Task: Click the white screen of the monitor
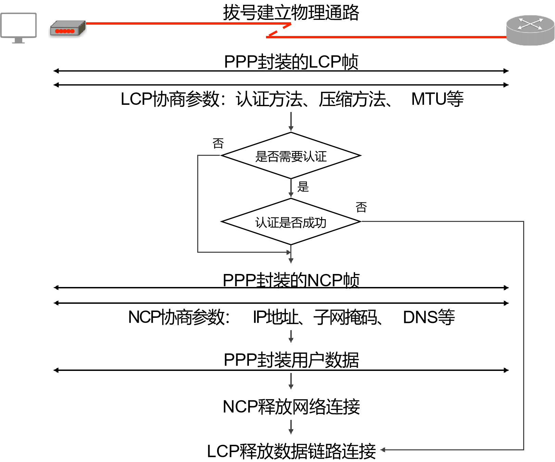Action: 18,25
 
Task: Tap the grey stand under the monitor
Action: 18,41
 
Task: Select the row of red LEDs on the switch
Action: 65,31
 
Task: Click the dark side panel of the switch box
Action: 82,28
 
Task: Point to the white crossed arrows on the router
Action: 530,24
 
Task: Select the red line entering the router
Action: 387,37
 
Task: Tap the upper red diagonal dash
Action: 287,26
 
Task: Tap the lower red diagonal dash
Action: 273,33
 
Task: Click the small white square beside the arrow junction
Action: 293,252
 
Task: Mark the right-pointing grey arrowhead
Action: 288,252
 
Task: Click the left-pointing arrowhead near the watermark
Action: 382,450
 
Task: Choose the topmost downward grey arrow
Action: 291,122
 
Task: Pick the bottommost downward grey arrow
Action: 291,427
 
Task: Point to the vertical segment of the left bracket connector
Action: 198,204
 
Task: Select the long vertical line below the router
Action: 524,336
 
